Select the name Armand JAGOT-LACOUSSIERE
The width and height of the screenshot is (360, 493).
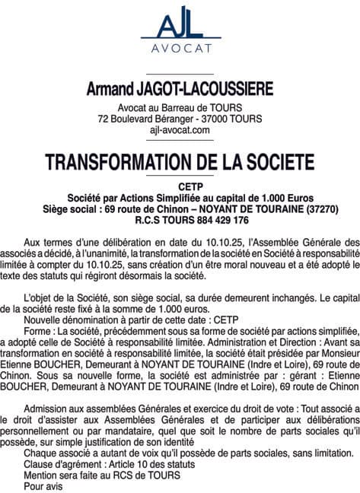(x=180, y=90)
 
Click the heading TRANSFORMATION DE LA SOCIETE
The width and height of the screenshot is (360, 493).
(x=180, y=162)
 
